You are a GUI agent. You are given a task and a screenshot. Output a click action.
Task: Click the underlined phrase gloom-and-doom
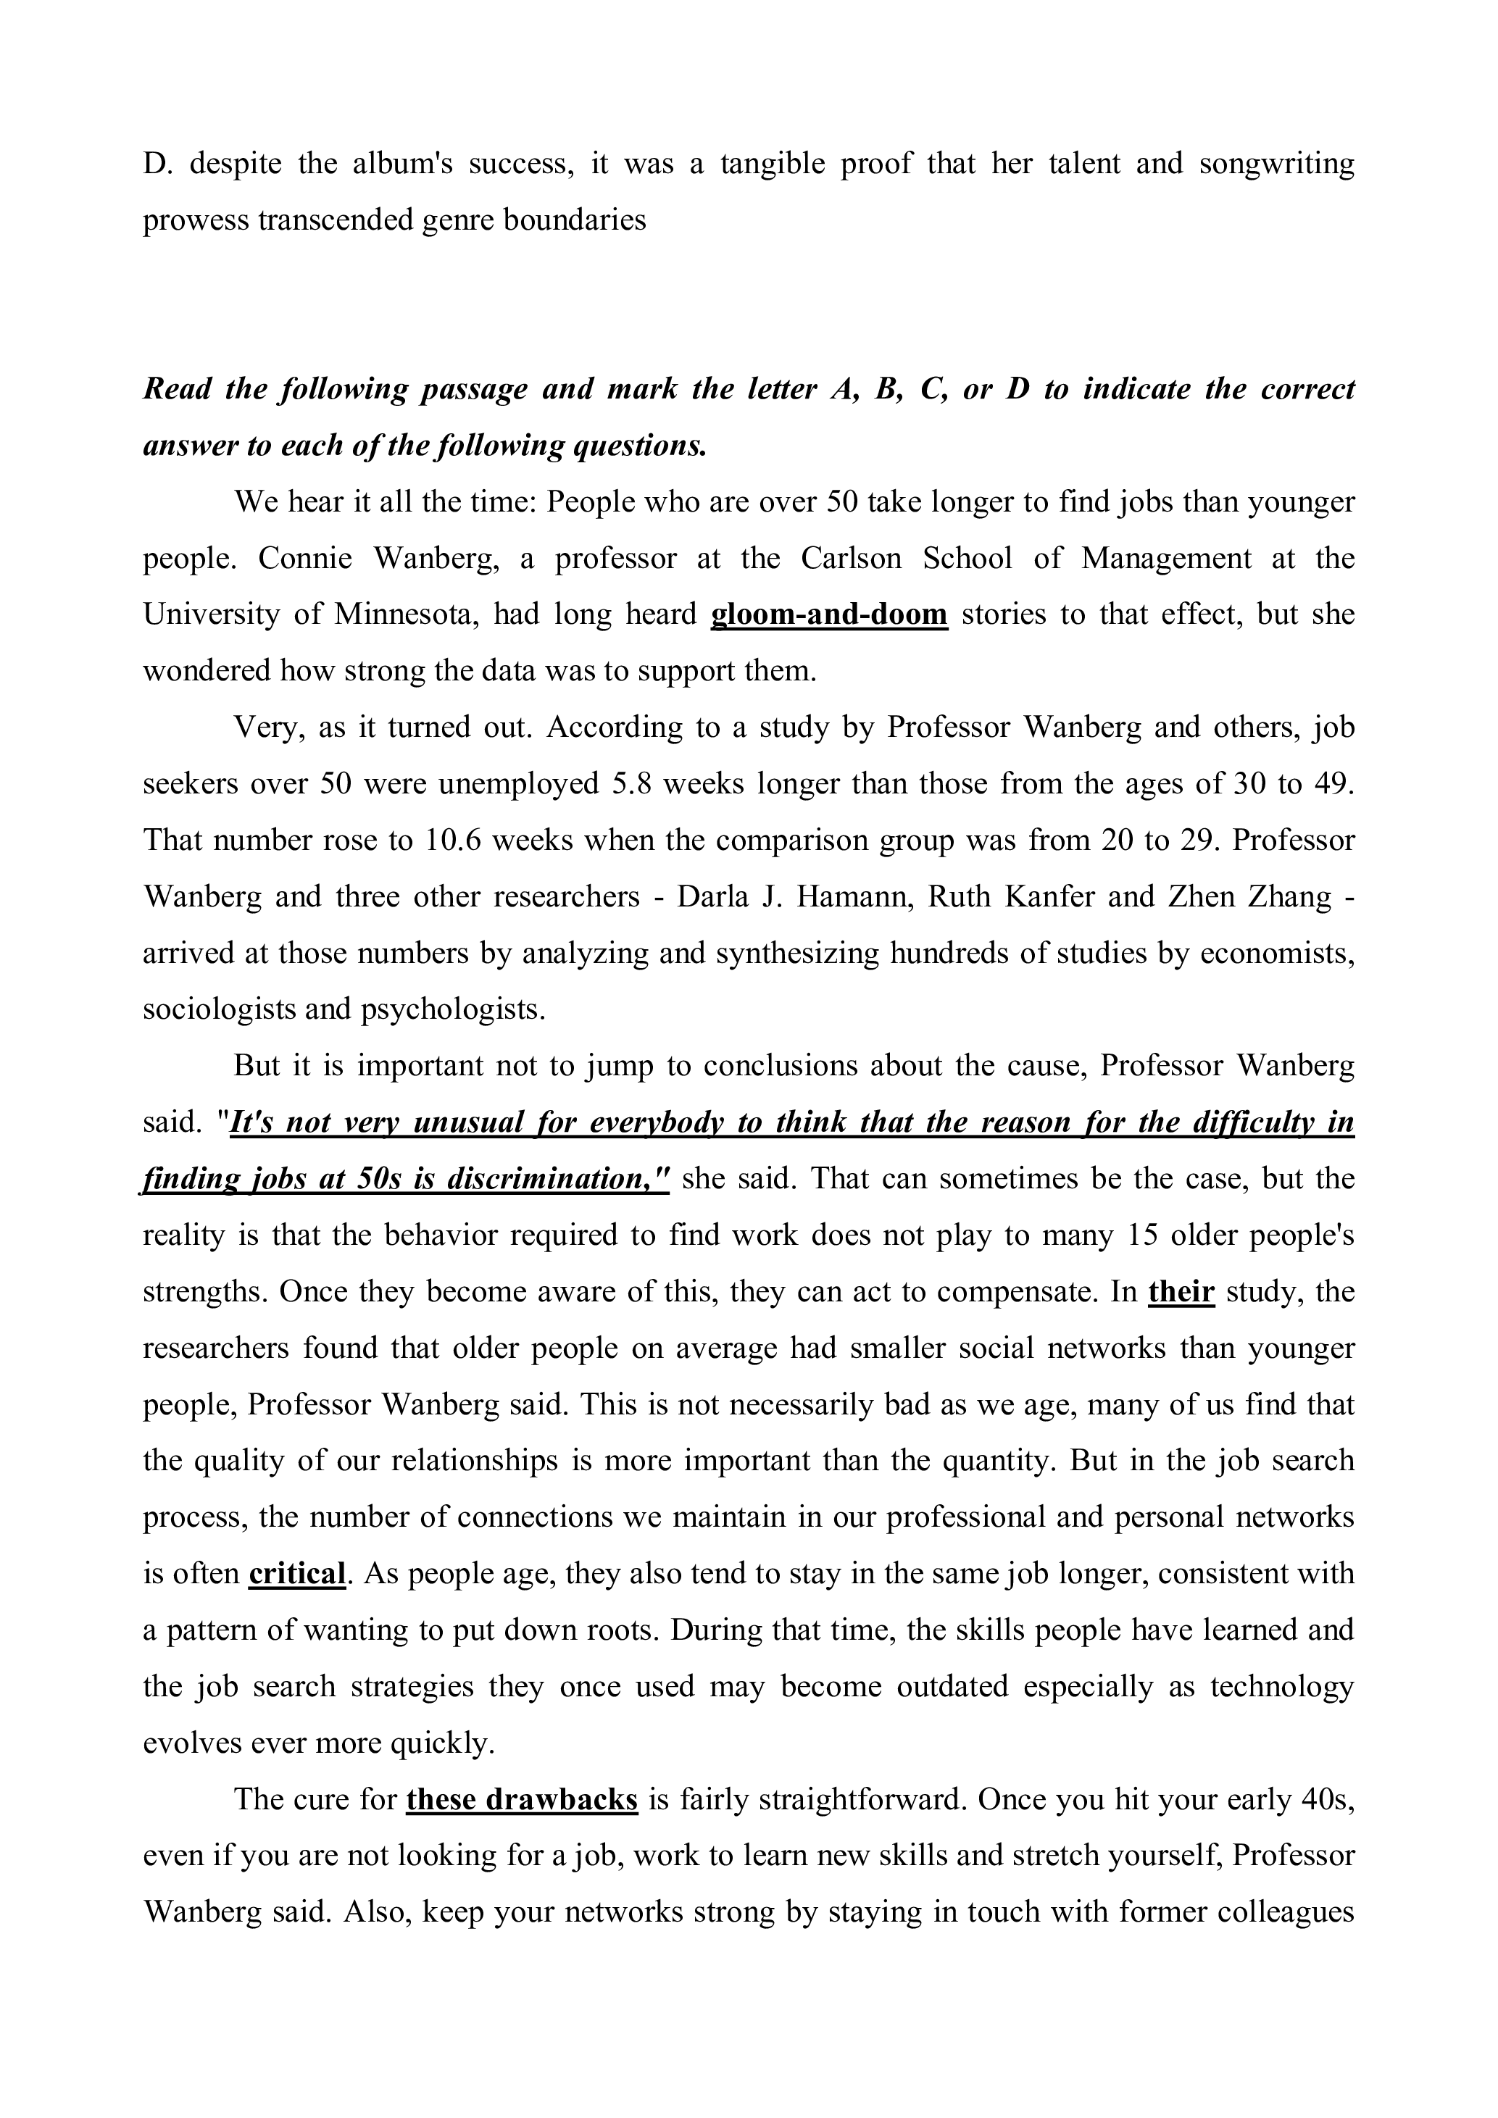828,614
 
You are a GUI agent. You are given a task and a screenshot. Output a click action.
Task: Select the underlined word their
1181,1291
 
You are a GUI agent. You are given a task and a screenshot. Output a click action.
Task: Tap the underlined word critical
297,1574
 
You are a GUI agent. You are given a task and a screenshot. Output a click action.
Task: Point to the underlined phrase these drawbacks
521,1800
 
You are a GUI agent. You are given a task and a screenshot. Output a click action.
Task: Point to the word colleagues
1285,1912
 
